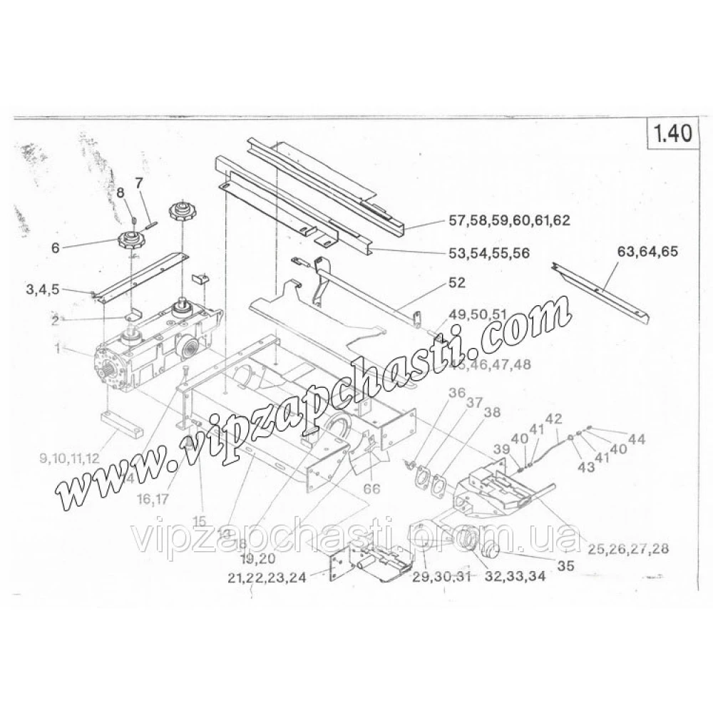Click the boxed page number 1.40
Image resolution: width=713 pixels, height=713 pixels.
tap(670, 136)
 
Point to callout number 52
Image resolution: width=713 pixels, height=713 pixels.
tap(456, 282)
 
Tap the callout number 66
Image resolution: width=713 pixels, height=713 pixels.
tap(371, 488)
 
